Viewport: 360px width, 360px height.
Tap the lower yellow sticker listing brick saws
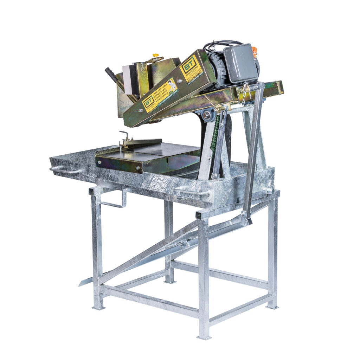click(x=160, y=95)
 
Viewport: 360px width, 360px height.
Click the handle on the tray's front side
click(x=192, y=192)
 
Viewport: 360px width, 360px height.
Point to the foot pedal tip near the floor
click(x=82, y=283)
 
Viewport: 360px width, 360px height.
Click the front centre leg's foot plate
click(x=204, y=337)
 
